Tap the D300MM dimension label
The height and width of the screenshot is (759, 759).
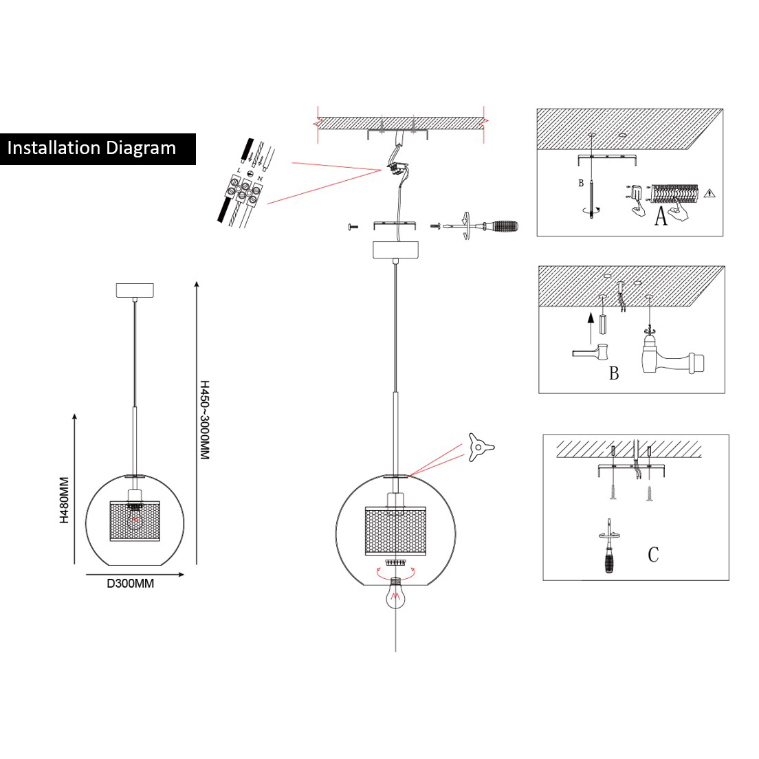130,584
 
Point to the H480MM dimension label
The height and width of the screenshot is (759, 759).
64,500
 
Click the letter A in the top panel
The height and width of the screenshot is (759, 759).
661,217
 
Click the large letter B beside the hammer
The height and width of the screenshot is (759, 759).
614,373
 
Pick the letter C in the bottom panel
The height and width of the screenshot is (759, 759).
653,554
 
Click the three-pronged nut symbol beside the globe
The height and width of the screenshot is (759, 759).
478,447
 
